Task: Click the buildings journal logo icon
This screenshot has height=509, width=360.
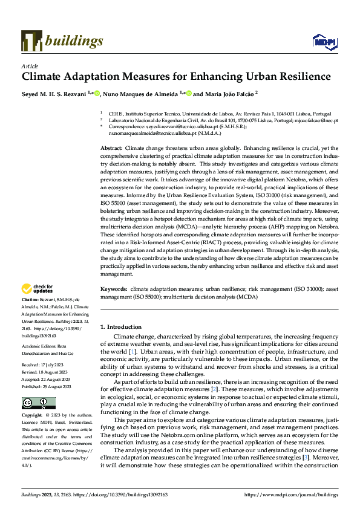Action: tap(31, 41)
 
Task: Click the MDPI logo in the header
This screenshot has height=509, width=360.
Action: tap(321, 41)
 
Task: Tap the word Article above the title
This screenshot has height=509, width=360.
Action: tap(29, 66)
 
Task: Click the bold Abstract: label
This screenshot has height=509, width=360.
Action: tap(111, 148)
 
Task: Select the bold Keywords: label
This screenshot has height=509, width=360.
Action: tap(114, 290)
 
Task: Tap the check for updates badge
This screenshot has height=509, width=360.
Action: tap(38, 289)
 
